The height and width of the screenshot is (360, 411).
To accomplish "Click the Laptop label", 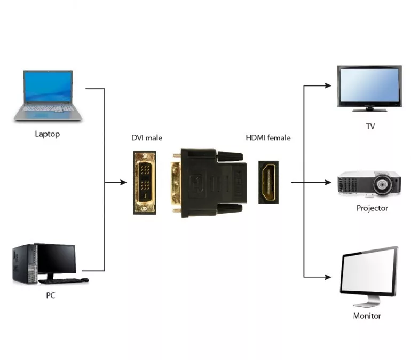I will coord(48,134).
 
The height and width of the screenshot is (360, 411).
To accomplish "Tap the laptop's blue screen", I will coord(48,87).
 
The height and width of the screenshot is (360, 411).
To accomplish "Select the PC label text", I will coord(51,295).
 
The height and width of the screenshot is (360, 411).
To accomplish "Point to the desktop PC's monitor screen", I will coord(56,258).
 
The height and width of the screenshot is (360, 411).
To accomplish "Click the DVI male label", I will coord(147,138).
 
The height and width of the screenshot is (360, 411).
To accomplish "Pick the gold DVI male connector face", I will coord(144,183).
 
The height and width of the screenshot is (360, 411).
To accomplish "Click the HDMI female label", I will coord(268,138).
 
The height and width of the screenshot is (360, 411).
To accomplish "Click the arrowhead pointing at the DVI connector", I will coord(124,183).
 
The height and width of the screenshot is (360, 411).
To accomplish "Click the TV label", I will coord(369,126).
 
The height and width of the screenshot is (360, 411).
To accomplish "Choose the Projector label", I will coord(372,208).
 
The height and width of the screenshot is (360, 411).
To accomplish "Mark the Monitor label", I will coord(367,316).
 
